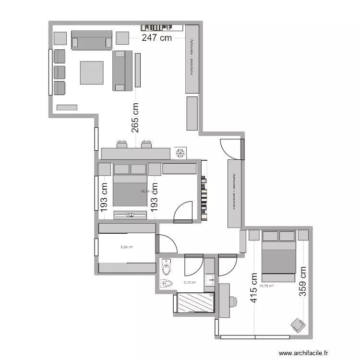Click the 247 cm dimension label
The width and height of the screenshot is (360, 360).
[x=156, y=39]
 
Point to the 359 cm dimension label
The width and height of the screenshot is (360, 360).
[x=302, y=282]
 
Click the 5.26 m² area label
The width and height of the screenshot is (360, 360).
[x=127, y=247]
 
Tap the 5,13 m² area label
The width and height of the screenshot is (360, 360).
[x=190, y=283]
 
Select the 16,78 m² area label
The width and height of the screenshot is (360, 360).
[x=266, y=286]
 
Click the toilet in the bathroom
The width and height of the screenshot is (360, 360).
[x=166, y=265]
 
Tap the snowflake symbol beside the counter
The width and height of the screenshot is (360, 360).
[x=180, y=153]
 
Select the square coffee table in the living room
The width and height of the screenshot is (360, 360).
[x=92, y=72]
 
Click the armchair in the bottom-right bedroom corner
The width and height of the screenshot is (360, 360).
[x=298, y=325]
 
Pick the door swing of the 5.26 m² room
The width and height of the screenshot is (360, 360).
[x=166, y=244]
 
